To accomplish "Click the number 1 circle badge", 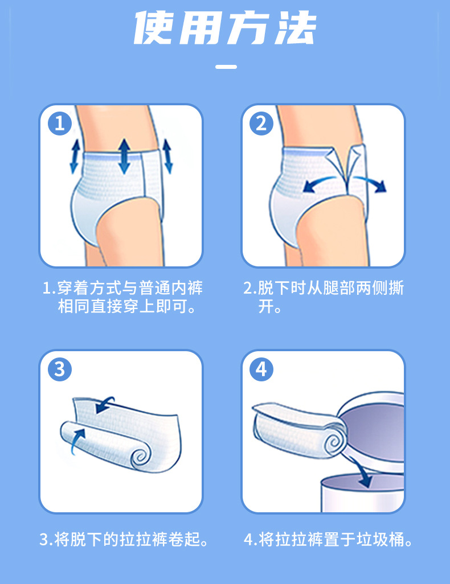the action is tap(60, 124).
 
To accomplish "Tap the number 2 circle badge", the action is tap(261, 124).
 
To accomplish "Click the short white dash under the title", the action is tap(226, 67).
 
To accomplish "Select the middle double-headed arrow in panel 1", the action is tap(124, 157).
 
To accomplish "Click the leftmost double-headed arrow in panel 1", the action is tap(75, 157).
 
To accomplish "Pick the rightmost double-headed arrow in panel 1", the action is tap(167, 157).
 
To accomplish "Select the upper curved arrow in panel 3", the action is tap(104, 405).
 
